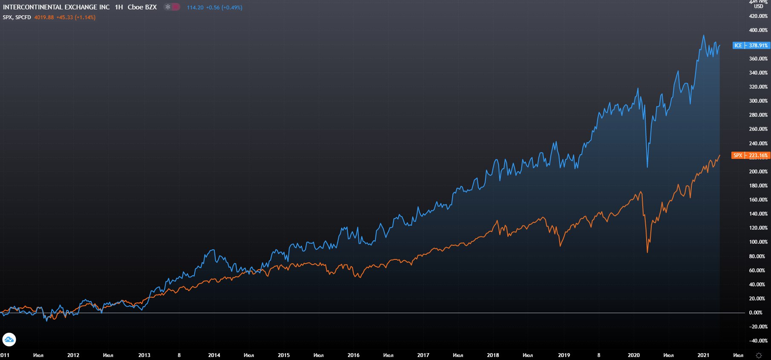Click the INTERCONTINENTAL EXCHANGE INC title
[56, 7]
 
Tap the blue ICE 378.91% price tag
[751, 46]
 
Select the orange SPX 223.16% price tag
[750, 156]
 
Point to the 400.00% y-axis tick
[758, 30]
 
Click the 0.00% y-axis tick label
[756, 313]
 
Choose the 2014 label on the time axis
[214, 355]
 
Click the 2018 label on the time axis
[493, 355]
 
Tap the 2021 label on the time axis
[703, 355]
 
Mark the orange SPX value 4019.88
[44, 17]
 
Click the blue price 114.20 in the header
[195, 8]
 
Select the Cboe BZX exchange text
[142, 7]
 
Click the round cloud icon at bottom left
[9, 340]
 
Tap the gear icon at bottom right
[759, 355]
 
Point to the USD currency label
[759, 6]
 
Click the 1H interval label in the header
[118, 7]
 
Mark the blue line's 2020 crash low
[647, 167]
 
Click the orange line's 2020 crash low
[648, 252]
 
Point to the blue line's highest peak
[704, 35]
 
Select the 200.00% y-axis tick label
[758, 172]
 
